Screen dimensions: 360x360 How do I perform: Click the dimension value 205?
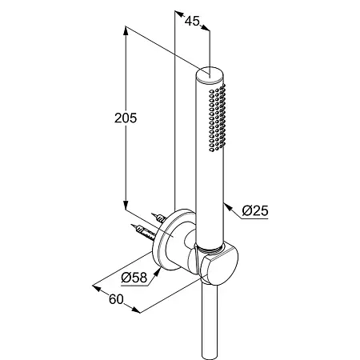click(x=126, y=118)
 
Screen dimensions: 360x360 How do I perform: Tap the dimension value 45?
click(x=192, y=21)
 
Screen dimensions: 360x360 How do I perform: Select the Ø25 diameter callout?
click(x=255, y=210)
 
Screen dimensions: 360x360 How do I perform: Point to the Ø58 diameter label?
click(x=134, y=278)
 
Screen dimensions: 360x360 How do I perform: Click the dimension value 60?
click(x=116, y=299)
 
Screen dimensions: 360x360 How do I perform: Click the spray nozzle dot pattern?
click(x=218, y=118)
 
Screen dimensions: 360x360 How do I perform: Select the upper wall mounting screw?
click(x=159, y=218)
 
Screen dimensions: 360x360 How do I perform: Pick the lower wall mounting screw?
click(x=143, y=232)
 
